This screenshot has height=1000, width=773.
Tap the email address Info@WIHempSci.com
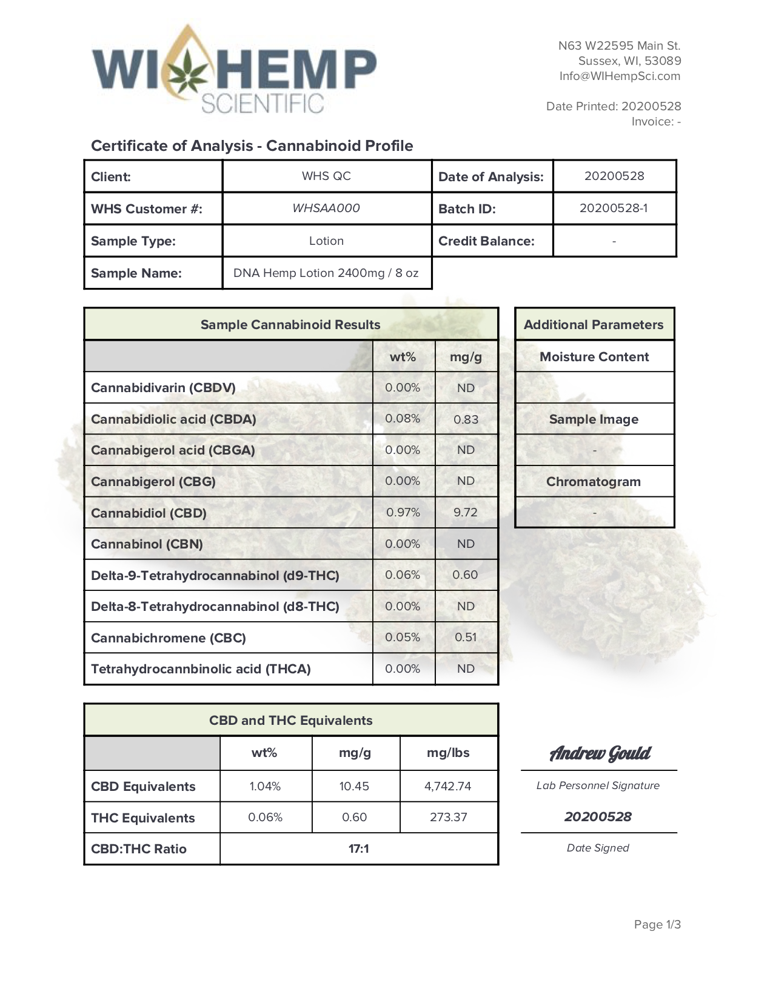[x=620, y=76]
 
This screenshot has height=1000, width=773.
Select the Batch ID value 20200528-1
[x=614, y=208]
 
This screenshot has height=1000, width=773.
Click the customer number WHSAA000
[x=326, y=208]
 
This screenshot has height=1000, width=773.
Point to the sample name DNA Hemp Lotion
[x=326, y=273]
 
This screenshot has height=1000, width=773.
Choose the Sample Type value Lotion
[x=326, y=241]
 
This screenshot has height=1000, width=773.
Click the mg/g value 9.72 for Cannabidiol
[x=466, y=513]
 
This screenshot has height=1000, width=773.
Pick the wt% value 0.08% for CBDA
[x=403, y=419]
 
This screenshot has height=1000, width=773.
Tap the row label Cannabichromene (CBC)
[x=169, y=638]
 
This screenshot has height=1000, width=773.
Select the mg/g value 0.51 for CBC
[x=466, y=638]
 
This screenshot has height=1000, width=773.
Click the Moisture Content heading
[x=594, y=357]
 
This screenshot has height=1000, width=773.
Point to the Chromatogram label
[x=594, y=482]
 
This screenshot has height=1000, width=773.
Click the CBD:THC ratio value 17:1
[x=359, y=849]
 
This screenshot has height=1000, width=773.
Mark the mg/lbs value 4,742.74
[x=448, y=787]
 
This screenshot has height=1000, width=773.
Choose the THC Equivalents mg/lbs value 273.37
[x=449, y=818]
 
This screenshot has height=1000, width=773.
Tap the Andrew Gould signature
[x=600, y=753]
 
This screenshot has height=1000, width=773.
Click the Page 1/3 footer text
[x=657, y=925]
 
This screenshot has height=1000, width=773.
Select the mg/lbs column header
[x=449, y=753]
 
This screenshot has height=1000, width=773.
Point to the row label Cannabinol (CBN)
[x=147, y=544]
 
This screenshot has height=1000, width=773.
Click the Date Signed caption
[x=598, y=848]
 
